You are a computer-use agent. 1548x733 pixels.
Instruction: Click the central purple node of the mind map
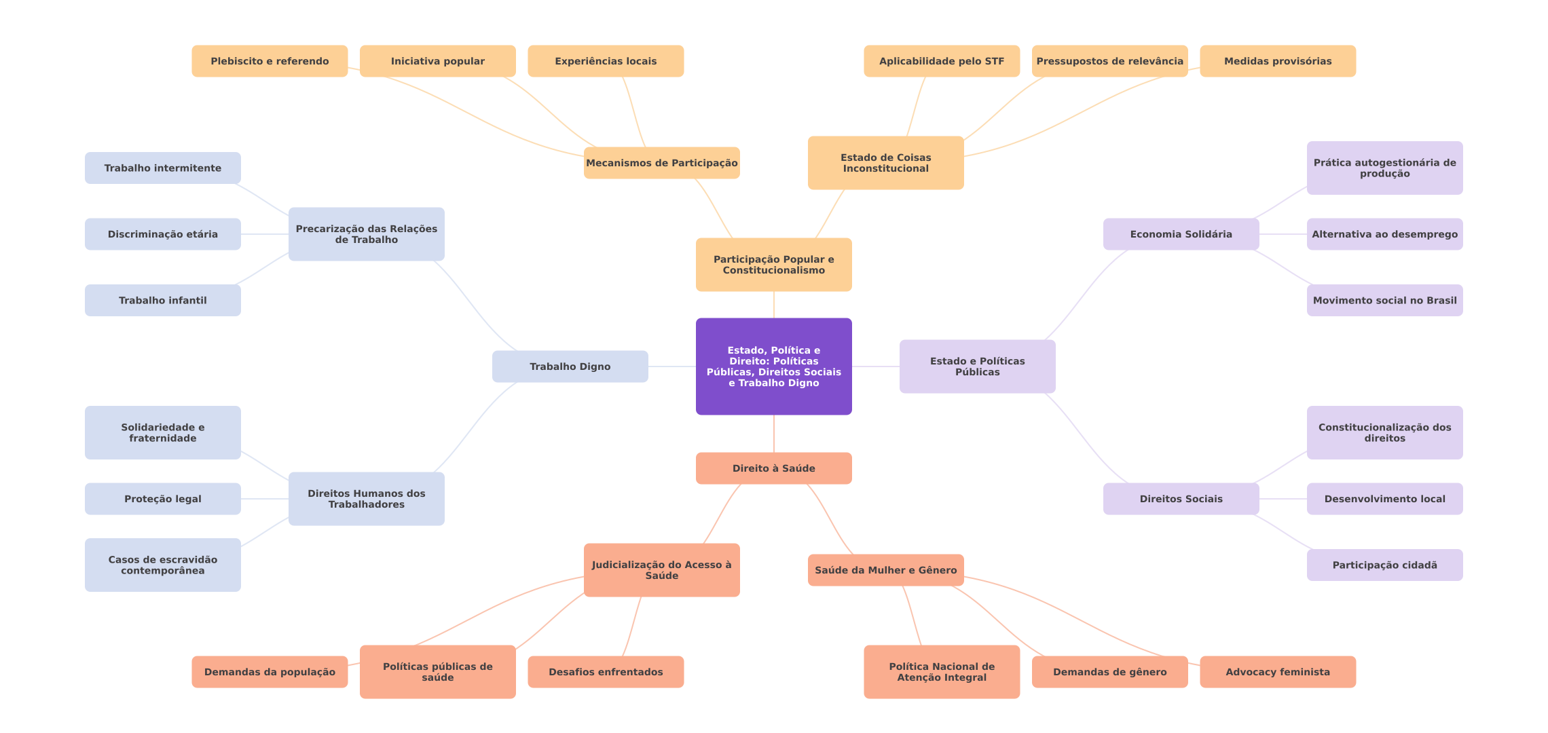[x=773, y=366]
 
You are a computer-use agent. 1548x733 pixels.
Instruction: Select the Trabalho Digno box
[x=570, y=366]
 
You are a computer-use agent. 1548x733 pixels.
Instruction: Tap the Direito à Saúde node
[x=773, y=468]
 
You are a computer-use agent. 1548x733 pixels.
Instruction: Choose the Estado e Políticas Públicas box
[x=977, y=366]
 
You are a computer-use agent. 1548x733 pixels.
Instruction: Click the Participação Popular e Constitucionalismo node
[x=773, y=265]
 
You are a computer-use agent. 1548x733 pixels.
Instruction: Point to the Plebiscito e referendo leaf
[x=270, y=61]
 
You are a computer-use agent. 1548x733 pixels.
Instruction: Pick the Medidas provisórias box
[x=1277, y=61]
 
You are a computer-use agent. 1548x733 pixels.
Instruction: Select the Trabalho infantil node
[x=162, y=300]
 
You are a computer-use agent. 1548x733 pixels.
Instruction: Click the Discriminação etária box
[x=162, y=234]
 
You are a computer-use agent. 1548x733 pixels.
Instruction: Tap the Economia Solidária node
[x=1181, y=234]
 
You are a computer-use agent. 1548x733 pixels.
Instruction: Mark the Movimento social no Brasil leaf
[x=1384, y=300]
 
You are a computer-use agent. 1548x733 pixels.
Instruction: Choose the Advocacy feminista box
[x=1277, y=672]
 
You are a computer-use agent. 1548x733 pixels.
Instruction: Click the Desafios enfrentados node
[x=606, y=672]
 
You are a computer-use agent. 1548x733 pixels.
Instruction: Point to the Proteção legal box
[x=162, y=499]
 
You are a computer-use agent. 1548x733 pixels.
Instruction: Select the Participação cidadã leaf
[x=1384, y=565]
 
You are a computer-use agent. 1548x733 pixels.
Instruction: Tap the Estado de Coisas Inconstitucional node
[x=885, y=163]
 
